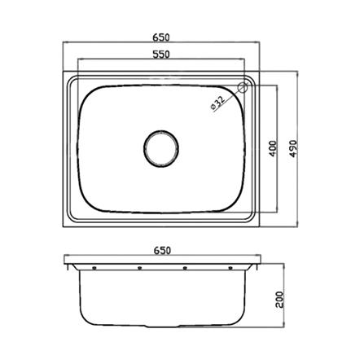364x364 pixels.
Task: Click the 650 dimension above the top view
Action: click(161, 37)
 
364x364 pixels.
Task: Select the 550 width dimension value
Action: click(161, 55)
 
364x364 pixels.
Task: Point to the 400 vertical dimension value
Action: click(273, 149)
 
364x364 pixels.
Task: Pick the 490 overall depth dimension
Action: click(293, 148)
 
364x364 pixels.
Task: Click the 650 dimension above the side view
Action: click(162, 250)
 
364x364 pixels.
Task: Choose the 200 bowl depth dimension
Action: click(279, 300)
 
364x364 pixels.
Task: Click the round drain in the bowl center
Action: click(161, 148)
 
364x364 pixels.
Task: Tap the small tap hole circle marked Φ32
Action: click(243, 87)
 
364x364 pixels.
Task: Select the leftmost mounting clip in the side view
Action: click(94, 268)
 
